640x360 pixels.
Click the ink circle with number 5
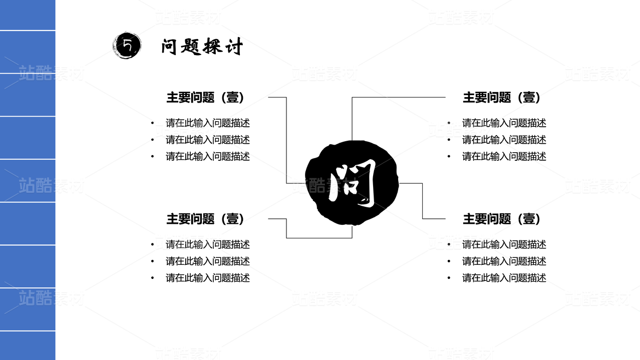click(127, 46)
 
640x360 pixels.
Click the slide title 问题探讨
click(202, 47)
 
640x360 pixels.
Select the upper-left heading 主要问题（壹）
click(205, 98)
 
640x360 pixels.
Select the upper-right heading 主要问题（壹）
click(502, 98)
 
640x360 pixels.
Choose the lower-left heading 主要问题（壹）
click(205, 219)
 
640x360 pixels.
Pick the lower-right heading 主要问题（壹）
click(502, 219)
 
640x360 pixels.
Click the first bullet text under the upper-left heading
click(208, 123)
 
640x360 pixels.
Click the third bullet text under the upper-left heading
click(208, 156)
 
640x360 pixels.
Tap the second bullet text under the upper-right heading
click(504, 140)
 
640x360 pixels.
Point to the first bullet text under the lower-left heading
click(208, 244)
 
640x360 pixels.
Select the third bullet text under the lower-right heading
click(504, 278)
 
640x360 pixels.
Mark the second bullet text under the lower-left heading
click(208, 261)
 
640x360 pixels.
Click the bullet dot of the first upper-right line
click(449, 123)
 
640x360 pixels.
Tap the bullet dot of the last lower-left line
click(153, 278)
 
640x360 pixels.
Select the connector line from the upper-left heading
click(286, 140)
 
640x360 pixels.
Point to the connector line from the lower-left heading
click(286, 228)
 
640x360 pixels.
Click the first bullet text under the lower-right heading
click(504, 244)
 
